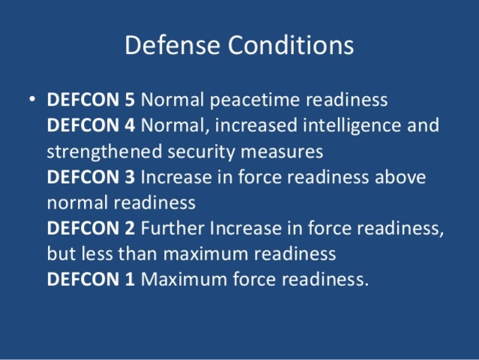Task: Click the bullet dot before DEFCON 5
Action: [31, 100]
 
